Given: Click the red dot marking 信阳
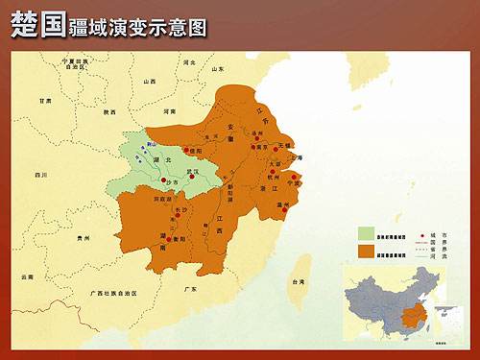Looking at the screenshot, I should click(x=188, y=150).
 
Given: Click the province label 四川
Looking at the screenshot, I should click(x=40, y=176).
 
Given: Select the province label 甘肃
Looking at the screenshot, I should click(x=45, y=100).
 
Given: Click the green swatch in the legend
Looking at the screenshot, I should click(x=366, y=232).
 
